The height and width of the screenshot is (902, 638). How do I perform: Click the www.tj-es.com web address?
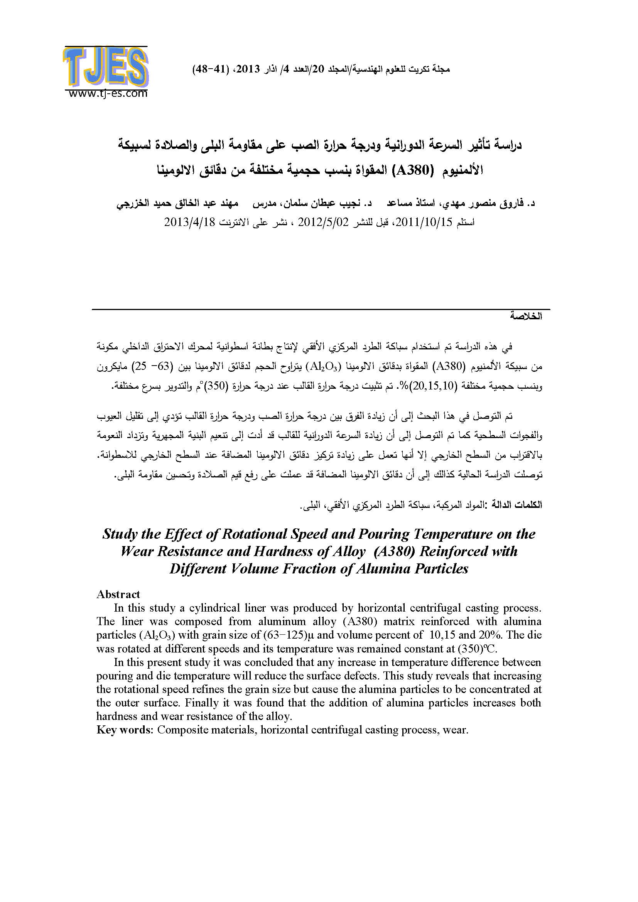click(x=108, y=93)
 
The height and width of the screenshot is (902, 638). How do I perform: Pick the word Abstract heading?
click(x=118, y=594)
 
